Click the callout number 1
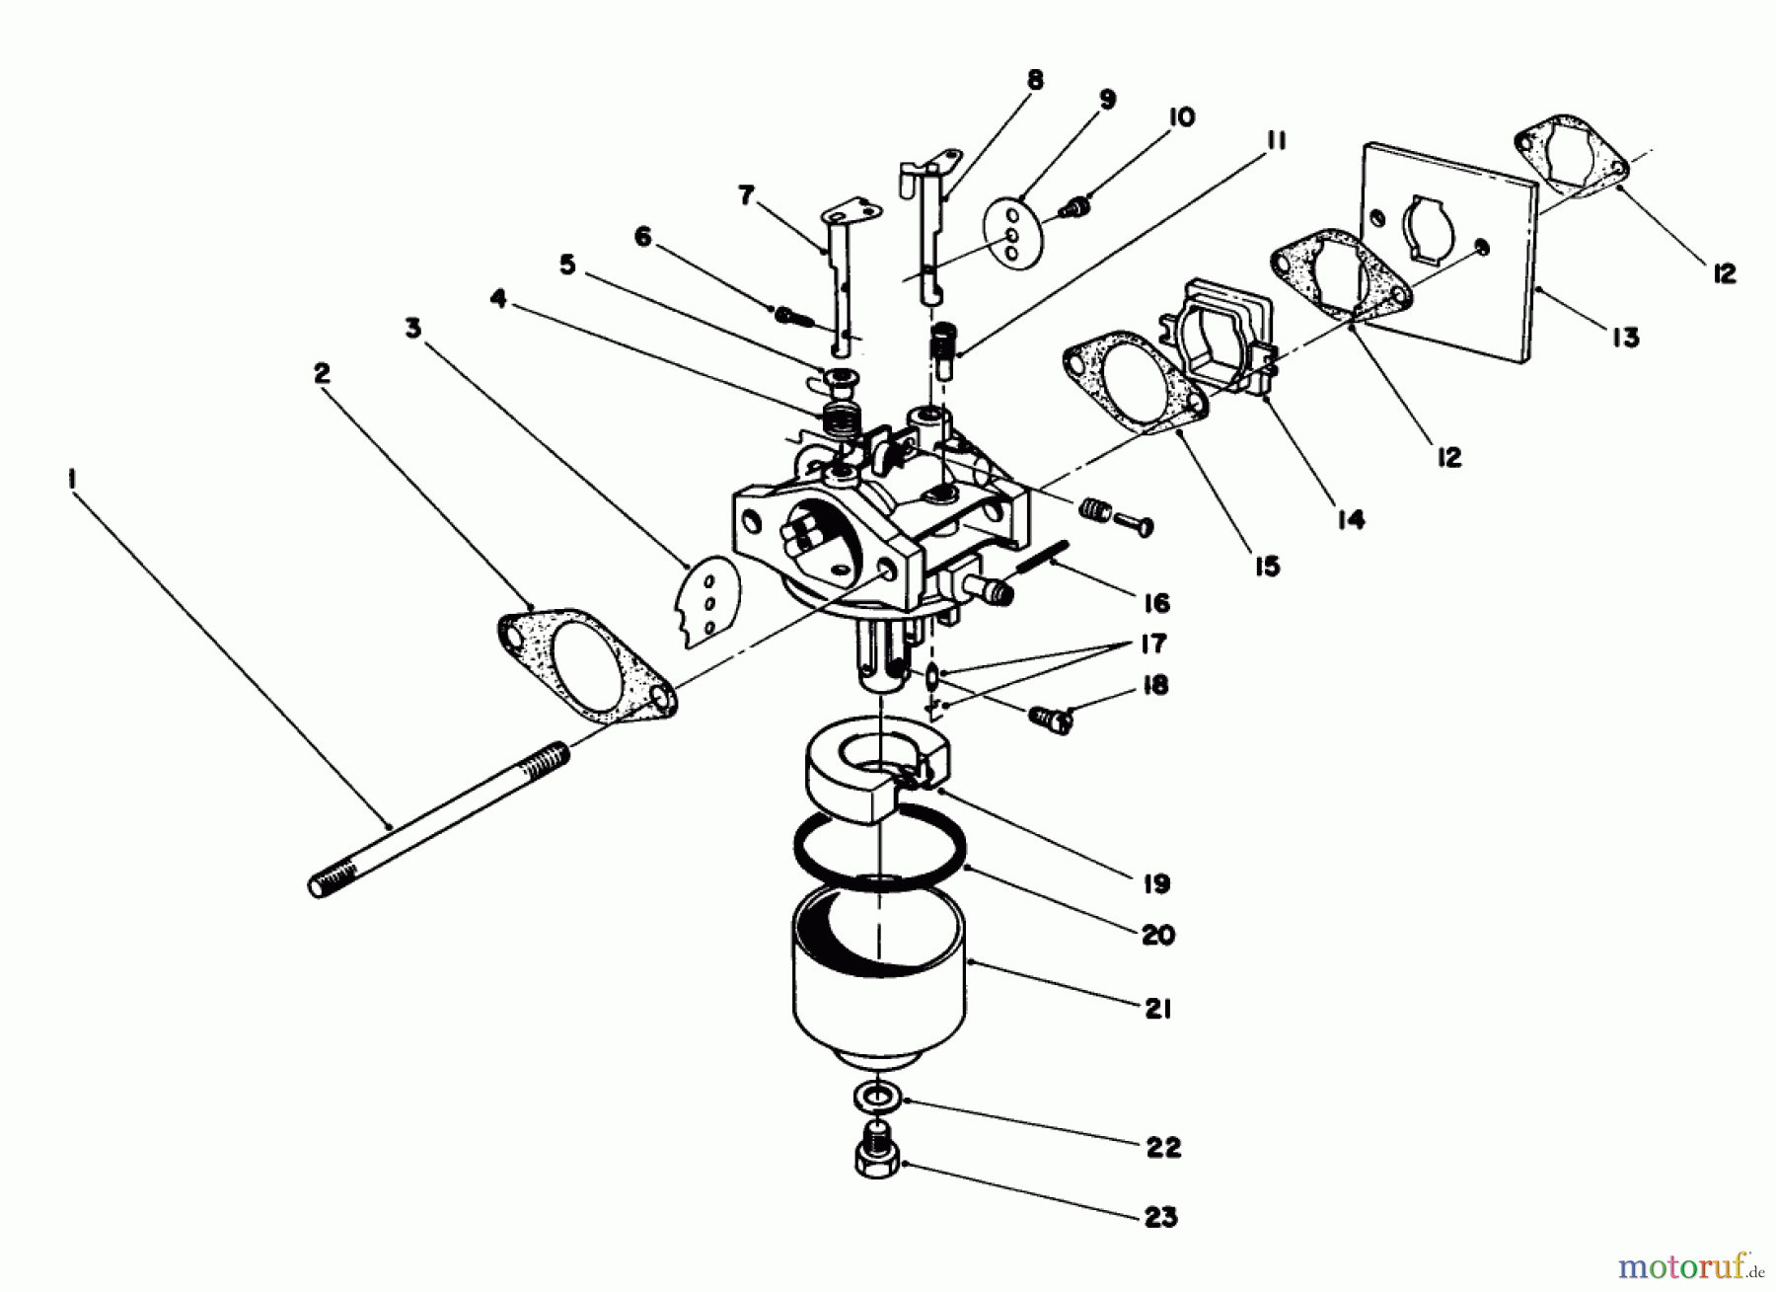tap(73, 481)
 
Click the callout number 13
tap(1626, 337)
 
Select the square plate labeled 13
tap(1450, 247)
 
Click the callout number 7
tap(746, 196)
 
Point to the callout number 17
tap(1151, 645)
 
